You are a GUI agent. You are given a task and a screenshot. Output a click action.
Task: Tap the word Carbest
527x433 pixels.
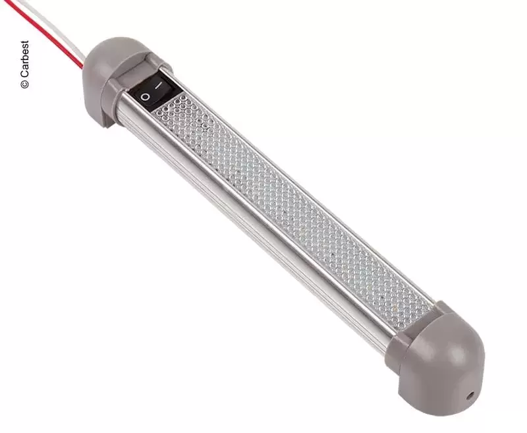coord(24,60)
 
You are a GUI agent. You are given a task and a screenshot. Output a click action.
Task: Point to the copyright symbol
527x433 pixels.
coord(24,84)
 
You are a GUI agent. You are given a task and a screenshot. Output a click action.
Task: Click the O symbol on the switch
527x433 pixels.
coord(145,97)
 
